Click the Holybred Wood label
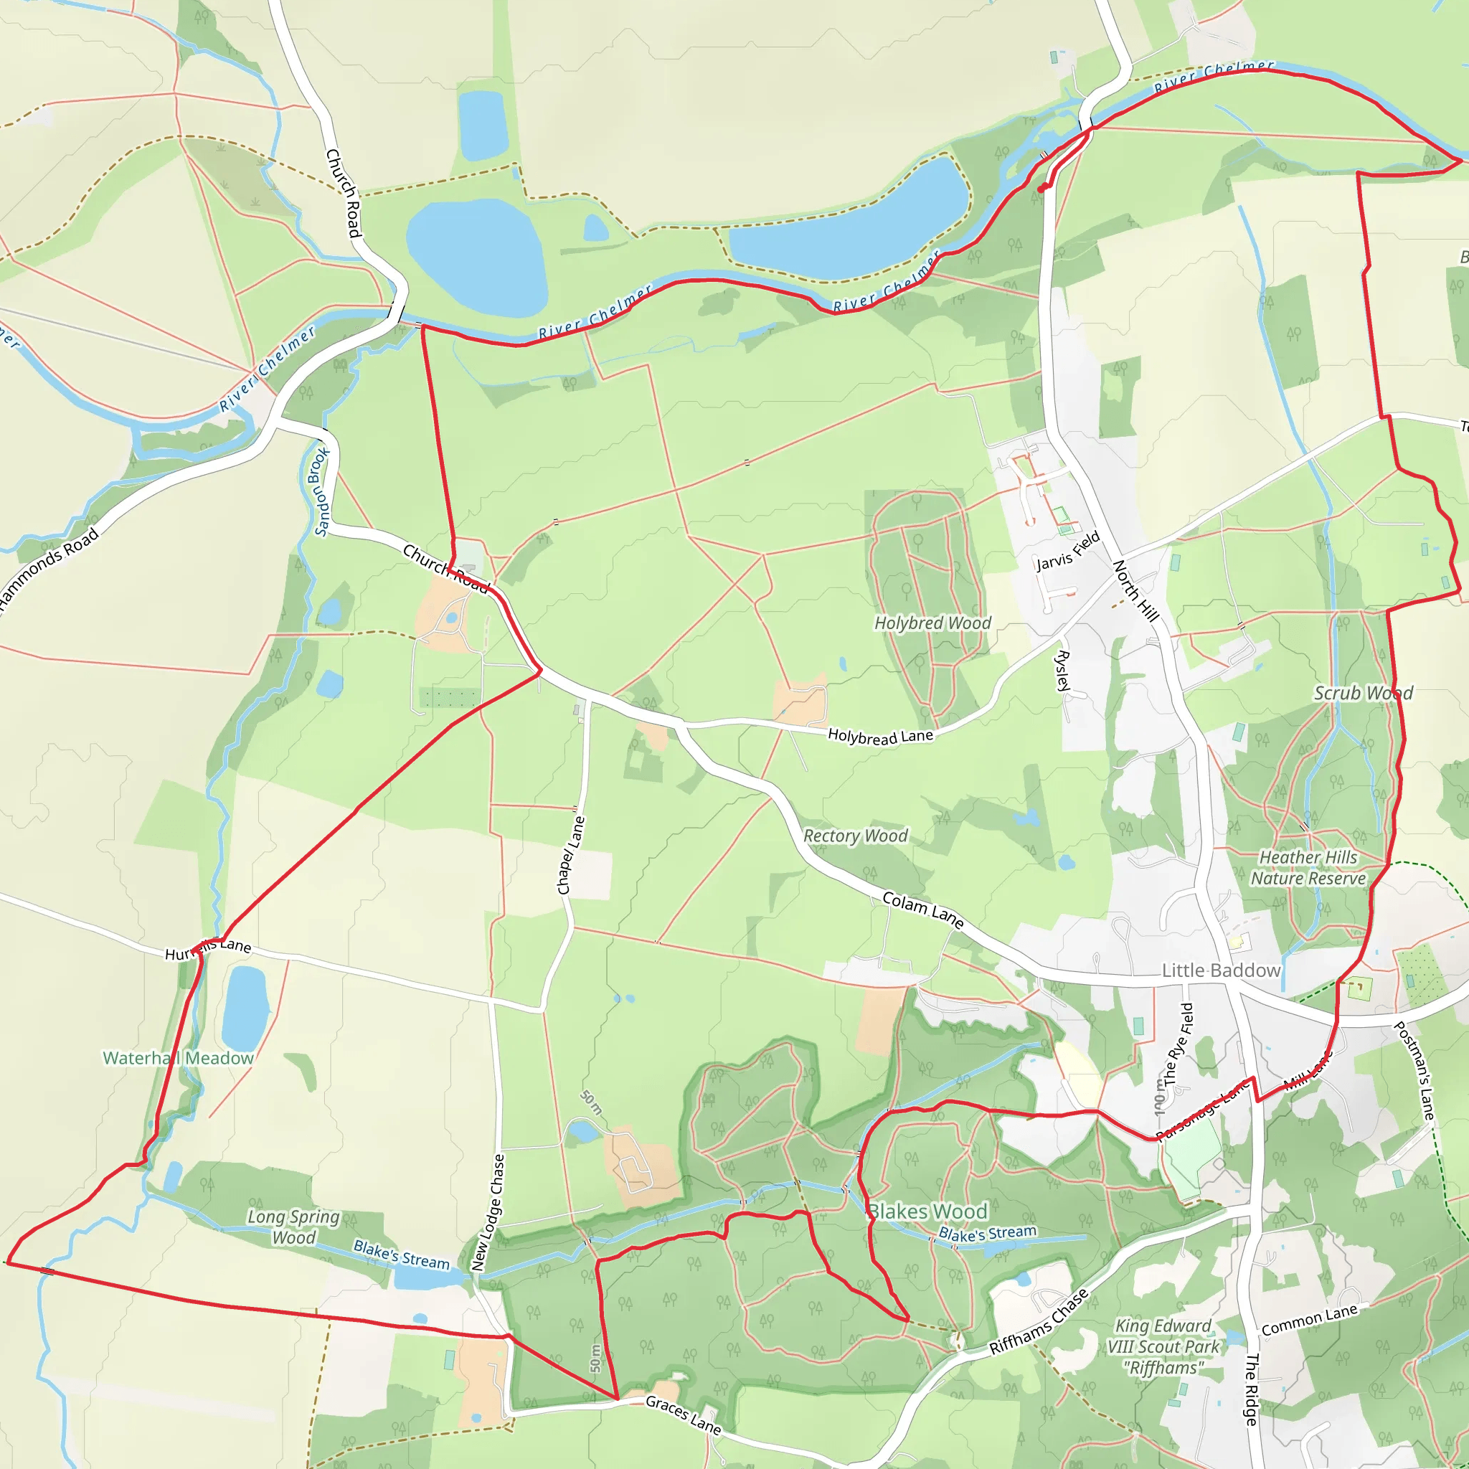(932, 623)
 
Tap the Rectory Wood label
(856, 836)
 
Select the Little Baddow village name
(1220, 971)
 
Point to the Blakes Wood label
(927, 1211)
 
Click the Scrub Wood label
(1364, 694)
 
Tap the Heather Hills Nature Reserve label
(1308, 869)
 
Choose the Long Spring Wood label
(293, 1227)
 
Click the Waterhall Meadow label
(178, 1059)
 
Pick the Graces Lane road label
(683, 1414)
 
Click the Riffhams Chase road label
(1039, 1321)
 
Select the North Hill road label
(1135, 591)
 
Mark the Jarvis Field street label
(1067, 552)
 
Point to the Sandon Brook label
(321, 491)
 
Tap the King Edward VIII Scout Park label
(1163, 1346)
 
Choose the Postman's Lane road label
(1414, 1069)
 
